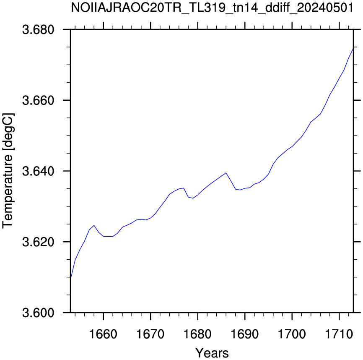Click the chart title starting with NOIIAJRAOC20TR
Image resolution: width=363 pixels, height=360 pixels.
[212, 8]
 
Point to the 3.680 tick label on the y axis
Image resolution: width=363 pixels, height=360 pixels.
[38, 30]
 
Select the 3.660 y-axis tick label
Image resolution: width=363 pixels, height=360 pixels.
[38, 100]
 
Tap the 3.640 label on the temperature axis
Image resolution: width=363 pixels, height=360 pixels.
[38, 171]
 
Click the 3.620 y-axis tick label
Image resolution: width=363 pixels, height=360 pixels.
[38, 242]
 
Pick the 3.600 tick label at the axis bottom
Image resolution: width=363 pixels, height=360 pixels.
[38, 313]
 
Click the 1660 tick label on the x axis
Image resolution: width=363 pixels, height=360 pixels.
[103, 334]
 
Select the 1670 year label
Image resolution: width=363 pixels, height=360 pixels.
[150, 334]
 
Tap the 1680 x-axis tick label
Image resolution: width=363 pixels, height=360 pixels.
[198, 334]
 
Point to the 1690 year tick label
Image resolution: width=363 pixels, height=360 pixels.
[245, 334]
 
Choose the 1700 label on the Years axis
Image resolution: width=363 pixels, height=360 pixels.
[292, 334]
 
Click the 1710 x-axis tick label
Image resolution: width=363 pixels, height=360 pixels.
[339, 334]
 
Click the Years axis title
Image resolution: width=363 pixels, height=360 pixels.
[212, 353]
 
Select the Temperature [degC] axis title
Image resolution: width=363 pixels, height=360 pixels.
[8, 171]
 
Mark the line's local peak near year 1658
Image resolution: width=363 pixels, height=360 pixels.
[94, 225]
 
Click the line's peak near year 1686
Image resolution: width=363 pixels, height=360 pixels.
[226, 173]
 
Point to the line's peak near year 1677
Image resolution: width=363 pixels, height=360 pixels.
[184, 188]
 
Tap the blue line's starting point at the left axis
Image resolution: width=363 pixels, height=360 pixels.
[70, 279]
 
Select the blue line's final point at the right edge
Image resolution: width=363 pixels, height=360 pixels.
[353, 48]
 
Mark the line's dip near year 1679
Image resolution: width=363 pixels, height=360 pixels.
[193, 198]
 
